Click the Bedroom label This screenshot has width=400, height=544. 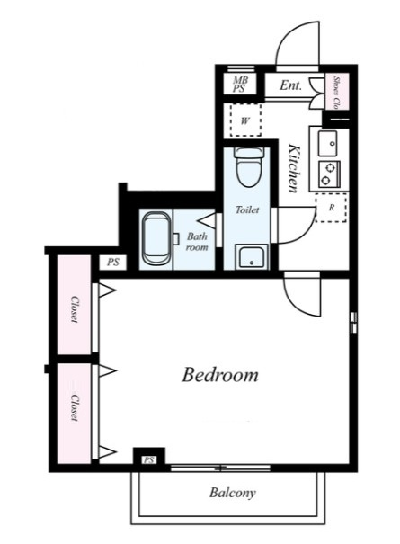pyautogui.click(x=220, y=375)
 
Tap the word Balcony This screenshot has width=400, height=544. pyautogui.click(x=233, y=493)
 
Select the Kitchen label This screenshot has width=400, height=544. pyautogui.click(x=294, y=168)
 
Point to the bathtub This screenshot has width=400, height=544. pyautogui.click(x=156, y=238)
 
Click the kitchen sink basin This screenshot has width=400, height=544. pyautogui.click(x=327, y=144)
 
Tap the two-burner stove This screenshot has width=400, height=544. pyautogui.click(x=328, y=174)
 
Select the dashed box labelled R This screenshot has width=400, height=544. pyautogui.click(x=331, y=208)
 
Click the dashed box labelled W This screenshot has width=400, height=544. pyautogui.click(x=245, y=120)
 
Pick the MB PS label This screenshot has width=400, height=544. pyautogui.click(x=240, y=85)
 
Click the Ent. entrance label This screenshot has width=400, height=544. pyautogui.click(x=290, y=85)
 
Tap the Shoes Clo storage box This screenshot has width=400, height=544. pyautogui.click(x=336, y=92)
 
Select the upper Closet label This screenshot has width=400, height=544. pyautogui.click(x=75, y=309)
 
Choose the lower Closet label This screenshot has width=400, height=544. pyautogui.click(x=75, y=407)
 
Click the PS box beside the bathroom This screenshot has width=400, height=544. pyautogui.click(x=112, y=263)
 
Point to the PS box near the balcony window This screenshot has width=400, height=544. pyautogui.click(x=149, y=460)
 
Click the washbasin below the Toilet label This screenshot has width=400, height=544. pyautogui.click(x=252, y=257)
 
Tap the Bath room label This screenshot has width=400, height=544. pyautogui.click(x=197, y=242)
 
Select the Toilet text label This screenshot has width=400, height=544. pyautogui.click(x=247, y=210)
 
